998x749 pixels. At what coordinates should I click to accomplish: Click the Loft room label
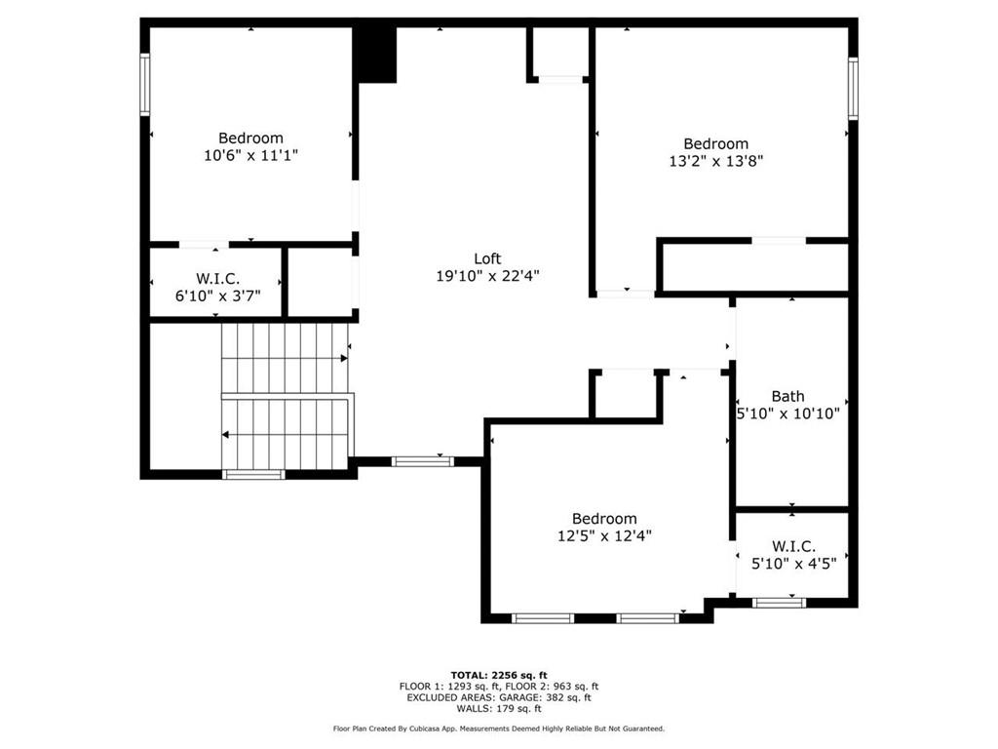pos(487,258)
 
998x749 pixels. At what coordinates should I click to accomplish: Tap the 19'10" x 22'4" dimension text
pos(487,276)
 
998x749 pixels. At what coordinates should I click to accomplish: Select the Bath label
pos(787,396)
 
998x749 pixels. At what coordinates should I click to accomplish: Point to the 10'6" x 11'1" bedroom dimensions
pos(250,155)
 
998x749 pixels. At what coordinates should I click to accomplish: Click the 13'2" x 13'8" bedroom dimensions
pos(716,161)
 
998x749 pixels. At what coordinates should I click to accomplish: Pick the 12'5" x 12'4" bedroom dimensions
pos(604,535)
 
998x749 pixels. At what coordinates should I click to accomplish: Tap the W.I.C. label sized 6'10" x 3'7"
pos(217,278)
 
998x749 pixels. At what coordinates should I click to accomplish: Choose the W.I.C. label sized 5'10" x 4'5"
pos(793,546)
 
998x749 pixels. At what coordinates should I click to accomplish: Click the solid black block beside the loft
pos(375,55)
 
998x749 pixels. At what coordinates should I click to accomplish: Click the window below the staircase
pos(254,474)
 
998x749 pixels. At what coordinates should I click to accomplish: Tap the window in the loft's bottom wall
pos(423,461)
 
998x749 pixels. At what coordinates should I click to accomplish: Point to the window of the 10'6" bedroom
pos(145,85)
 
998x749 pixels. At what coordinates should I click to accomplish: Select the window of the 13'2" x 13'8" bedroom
pos(853,89)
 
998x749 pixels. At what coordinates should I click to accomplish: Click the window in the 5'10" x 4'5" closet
pos(779,603)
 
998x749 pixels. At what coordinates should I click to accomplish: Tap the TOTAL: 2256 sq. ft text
pos(499,675)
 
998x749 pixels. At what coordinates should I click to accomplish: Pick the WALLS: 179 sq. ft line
pos(499,708)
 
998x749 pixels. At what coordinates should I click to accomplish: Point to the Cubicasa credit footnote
pos(499,729)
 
